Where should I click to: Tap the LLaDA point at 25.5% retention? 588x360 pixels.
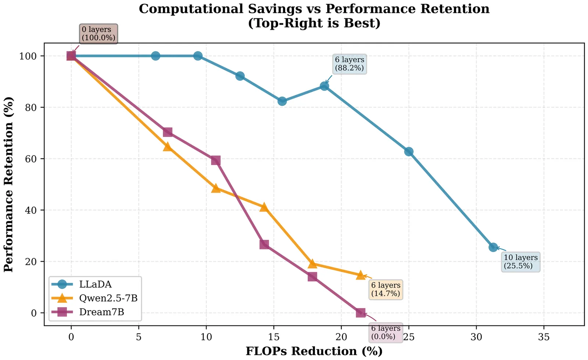(493, 247)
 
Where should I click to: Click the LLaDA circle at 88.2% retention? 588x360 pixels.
(324, 86)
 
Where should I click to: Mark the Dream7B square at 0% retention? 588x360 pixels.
(361, 313)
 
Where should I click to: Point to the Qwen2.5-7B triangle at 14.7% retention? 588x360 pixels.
(361, 275)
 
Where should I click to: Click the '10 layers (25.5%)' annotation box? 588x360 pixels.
(520, 262)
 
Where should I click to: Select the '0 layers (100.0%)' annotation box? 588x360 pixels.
(98, 33)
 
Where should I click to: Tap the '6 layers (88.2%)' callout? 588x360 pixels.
(349, 64)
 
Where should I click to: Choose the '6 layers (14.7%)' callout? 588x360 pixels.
(386, 289)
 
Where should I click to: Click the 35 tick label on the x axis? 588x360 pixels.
(544, 337)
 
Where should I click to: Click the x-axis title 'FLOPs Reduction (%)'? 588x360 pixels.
(314, 351)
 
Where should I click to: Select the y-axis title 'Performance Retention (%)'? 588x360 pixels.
(9, 184)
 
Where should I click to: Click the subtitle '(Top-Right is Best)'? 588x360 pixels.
(314, 23)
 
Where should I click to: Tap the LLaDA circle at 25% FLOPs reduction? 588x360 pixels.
(409, 152)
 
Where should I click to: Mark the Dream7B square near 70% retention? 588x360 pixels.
(168, 132)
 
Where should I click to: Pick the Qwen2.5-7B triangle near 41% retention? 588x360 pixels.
(263, 207)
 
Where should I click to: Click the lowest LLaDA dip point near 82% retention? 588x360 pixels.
(282, 101)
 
